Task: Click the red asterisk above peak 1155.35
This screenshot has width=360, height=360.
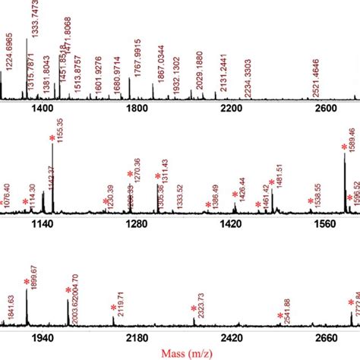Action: (52, 138)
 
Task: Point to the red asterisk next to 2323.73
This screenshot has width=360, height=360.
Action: (193, 308)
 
